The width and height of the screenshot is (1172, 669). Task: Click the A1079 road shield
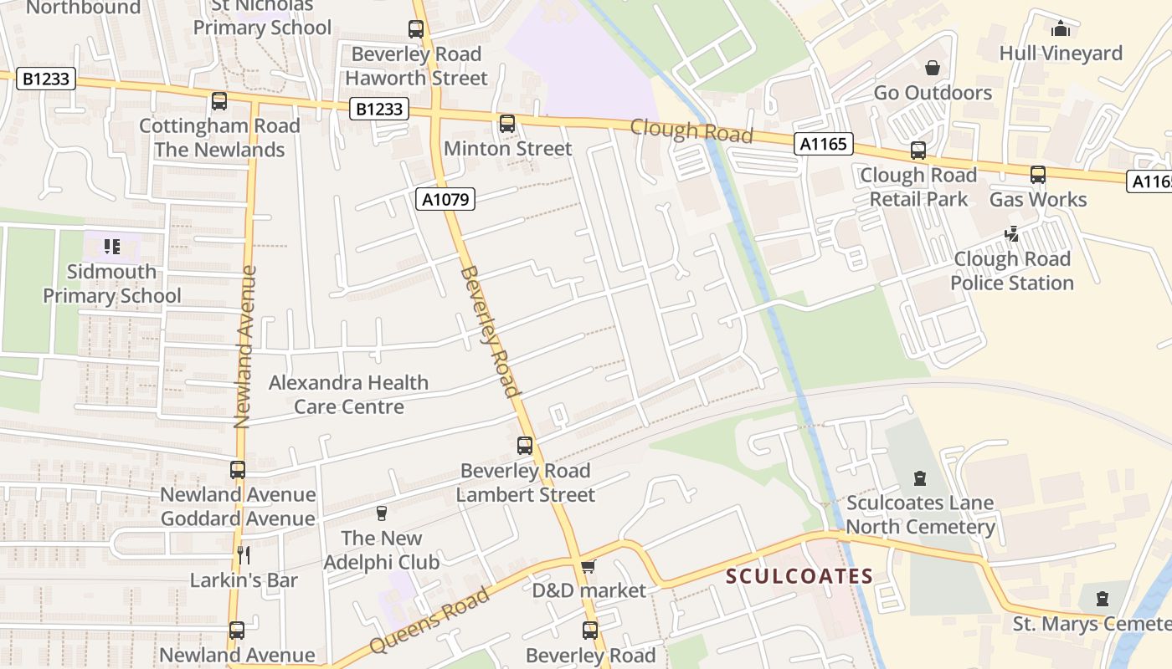tap(445, 199)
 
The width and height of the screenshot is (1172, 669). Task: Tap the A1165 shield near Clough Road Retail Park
tap(823, 145)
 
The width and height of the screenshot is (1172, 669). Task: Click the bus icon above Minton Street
tap(507, 124)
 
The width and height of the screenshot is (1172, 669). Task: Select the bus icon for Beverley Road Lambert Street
tap(525, 446)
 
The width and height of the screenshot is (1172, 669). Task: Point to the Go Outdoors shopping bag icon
tap(933, 68)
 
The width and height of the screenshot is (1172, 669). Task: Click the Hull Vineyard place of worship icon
tap(1061, 28)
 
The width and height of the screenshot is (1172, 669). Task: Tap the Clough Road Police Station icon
tap(1012, 234)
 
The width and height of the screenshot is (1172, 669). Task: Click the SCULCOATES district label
tap(799, 576)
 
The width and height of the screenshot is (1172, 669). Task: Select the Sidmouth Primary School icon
tap(112, 247)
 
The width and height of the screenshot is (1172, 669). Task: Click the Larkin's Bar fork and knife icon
tap(244, 554)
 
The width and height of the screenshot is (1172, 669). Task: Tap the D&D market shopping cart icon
tap(589, 567)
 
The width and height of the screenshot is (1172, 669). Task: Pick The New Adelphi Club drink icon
tap(382, 513)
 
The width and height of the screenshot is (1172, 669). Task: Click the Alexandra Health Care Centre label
tap(348, 395)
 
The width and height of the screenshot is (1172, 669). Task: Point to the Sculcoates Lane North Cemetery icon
tap(920, 478)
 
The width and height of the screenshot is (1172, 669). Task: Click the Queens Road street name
tap(429, 622)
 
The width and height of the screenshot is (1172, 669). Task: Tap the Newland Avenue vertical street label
tap(244, 347)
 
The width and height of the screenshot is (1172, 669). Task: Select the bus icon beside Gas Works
tap(1038, 175)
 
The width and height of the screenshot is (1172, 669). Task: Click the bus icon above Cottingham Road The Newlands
tap(219, 101)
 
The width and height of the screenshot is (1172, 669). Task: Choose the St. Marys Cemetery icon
tap(1103, 599)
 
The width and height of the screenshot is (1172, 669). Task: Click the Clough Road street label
tap(691, 131)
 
